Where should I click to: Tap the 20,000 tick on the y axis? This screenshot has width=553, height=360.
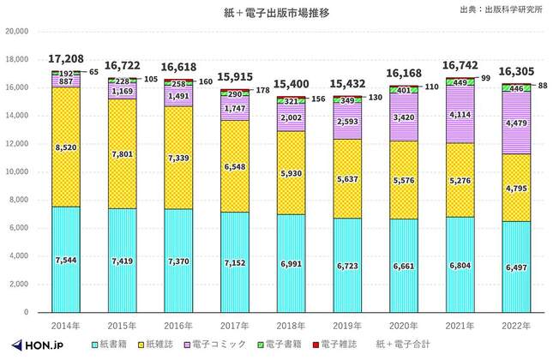click(x=17, y=31)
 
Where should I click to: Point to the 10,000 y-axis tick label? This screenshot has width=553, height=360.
click(x=17, y=171)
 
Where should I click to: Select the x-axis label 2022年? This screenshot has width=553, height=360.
click(x=517, y=327)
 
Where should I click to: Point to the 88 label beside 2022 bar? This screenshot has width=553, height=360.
click(x=544, y=85)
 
